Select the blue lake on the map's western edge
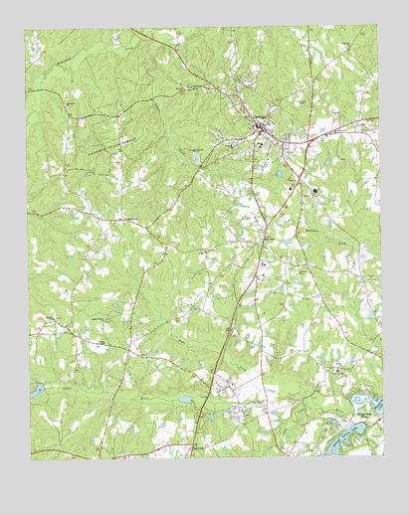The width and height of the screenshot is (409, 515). pos(37,390)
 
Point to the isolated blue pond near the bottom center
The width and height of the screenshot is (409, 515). pos(183,399)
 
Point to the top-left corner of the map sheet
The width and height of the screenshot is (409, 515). pos(27,31)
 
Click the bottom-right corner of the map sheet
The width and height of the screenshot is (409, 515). pos(383,456)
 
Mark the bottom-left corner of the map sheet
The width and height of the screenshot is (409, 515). pos(31,459)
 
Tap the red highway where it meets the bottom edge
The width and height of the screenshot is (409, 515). pos(191,457)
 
